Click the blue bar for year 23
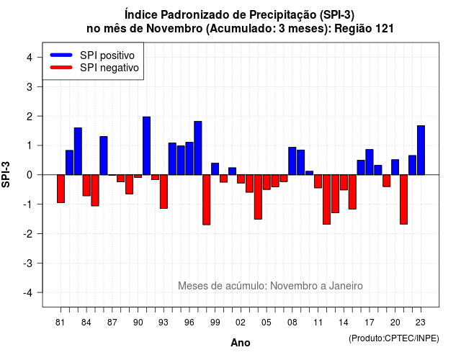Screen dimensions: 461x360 point(421,150)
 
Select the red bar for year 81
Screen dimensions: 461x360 point(61,189)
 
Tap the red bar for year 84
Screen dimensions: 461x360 point(86,185)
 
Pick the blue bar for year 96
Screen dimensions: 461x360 point(189,158)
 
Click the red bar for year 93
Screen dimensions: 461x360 point(164,192)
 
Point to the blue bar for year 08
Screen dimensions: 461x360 point(292,161)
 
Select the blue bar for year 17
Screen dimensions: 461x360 point(370,162)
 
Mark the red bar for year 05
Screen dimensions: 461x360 point(267,182)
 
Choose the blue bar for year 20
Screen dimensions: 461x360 point(395,167)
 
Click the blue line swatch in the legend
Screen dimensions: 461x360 point(61,55)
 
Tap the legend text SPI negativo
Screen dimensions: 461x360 point(109,68)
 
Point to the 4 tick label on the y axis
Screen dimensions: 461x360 point(30,58)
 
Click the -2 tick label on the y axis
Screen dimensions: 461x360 point(28,233)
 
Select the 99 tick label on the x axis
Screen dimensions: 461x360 point(215,323)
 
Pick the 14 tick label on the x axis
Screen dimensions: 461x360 point(344,323)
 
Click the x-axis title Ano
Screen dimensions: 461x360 point(240,343)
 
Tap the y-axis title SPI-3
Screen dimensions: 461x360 point(6,174)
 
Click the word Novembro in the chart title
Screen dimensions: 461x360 point(174,29)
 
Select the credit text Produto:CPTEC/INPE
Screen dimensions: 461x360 point(394,338)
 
